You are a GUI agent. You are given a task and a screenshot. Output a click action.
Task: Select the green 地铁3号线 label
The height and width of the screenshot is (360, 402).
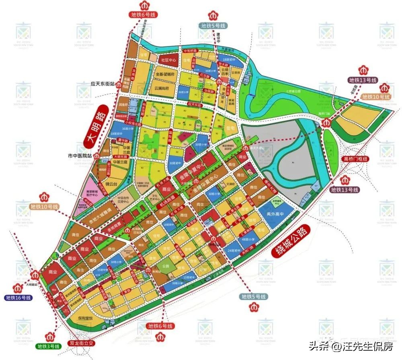(48, 346)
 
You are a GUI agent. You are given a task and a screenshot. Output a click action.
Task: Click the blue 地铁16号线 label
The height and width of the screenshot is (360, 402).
(18, 298)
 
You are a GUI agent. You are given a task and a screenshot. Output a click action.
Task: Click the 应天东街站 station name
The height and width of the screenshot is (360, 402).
(100, 85)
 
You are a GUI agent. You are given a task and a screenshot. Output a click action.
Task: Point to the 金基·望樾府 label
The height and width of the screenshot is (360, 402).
(165, 74)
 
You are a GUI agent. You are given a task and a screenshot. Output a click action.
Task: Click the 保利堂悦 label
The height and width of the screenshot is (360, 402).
(85, 318)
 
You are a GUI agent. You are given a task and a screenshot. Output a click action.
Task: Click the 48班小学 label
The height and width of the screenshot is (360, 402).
(248, 240)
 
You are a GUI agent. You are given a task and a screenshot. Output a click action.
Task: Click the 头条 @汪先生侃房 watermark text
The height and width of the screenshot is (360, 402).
(351, 346)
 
